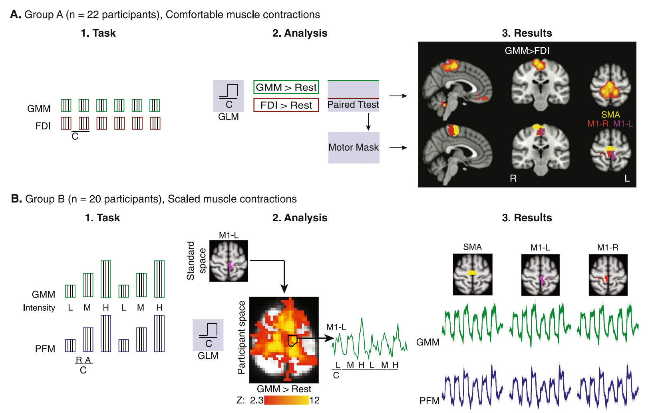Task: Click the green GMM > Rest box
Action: tap(286, 87)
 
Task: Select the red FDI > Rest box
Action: tap(286, 105)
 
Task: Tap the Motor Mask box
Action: tap(354, 147)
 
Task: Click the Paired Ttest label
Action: tap(353, 105)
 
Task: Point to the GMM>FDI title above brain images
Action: tap(527, 51)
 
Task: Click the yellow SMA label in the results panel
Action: tap(610, 115)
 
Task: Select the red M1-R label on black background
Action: tap(598, 124)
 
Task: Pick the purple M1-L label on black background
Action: tap(623, 124)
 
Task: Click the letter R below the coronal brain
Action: tap(513, 179)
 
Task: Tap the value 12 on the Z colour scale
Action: tap(314, 400)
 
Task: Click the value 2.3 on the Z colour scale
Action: tap(256, 400)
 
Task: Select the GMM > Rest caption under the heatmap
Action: tap(284, 389)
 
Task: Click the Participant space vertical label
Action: tap(241, 338)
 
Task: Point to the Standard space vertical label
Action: tap(196, 260)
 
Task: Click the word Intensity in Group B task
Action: tap(39, 308)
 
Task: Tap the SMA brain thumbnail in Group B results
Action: tap(473, 274)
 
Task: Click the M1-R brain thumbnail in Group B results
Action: tap(608, 275)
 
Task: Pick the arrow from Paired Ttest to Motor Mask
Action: tap(368, 121)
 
